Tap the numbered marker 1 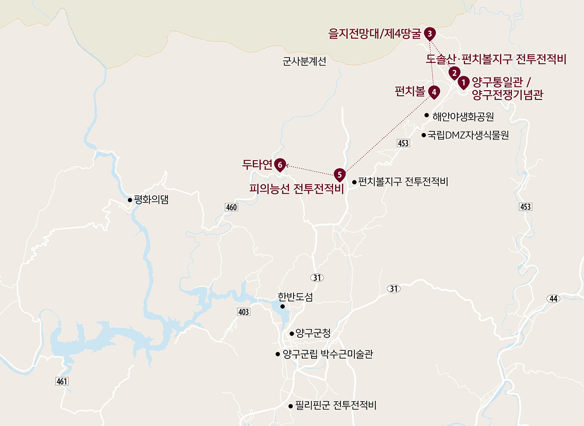click(463, 81)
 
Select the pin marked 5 click(339, 174)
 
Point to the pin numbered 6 click(280, 164)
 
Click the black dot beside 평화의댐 click(130, 200)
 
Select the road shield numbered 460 click(232, 207)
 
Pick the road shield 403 click(244, 312)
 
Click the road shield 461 click(61, 381)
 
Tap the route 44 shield click(554, 299)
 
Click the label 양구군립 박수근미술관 click(328, 354)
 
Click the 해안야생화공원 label click(463, 115)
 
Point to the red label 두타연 click(257, 164)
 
